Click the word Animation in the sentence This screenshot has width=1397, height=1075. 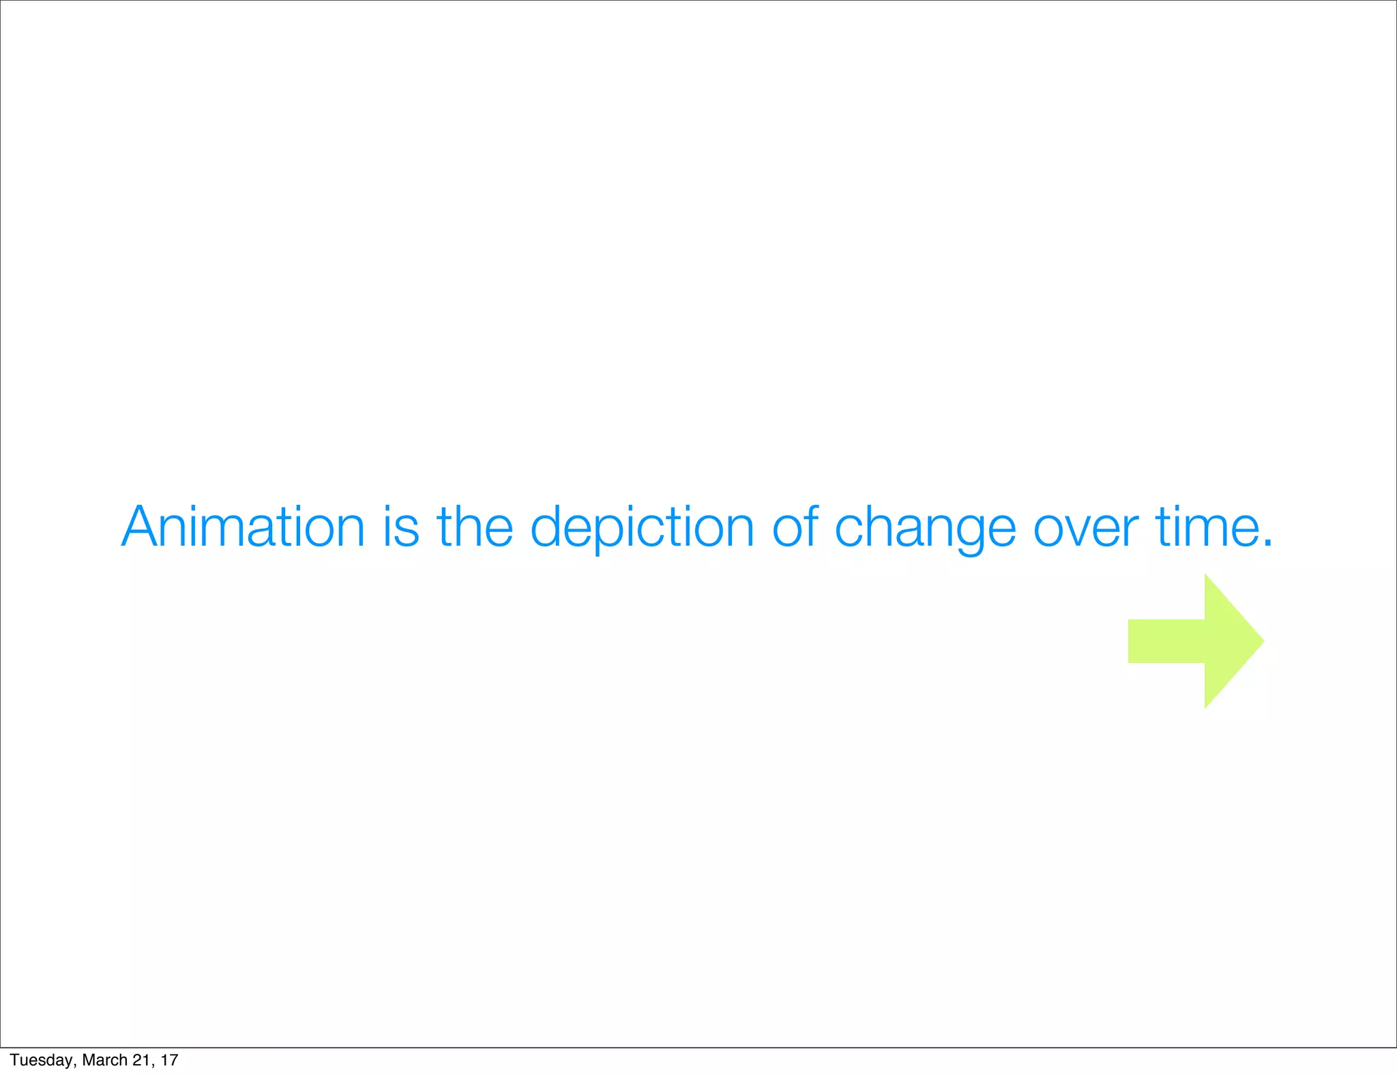pos(243,527)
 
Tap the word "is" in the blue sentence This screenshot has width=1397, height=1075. pos(400,527)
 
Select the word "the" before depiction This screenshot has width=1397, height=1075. pos(475,527)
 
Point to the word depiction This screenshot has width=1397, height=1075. pos(642,529)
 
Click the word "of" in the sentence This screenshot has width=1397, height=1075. pos(795,527)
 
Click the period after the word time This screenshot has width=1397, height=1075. pos(1267,544)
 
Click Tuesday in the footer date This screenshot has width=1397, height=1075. pos(42,1060)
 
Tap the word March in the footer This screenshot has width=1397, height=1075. pos(104,1060)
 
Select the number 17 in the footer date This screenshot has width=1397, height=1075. pos(169,1060)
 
